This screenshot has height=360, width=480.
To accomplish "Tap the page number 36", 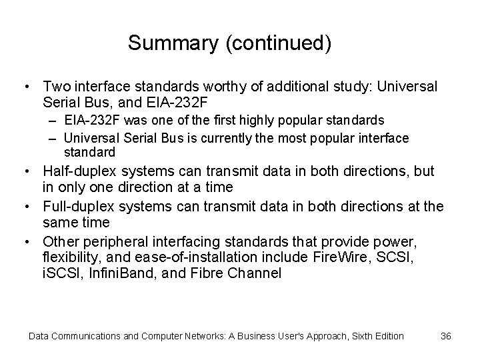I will [x=446, y=335].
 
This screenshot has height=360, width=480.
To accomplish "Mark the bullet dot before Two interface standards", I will [x=24, y=87].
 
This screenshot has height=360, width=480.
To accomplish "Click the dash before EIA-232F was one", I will [x=54, y=121].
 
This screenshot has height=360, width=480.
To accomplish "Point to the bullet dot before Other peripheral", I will [x=24, y=239].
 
